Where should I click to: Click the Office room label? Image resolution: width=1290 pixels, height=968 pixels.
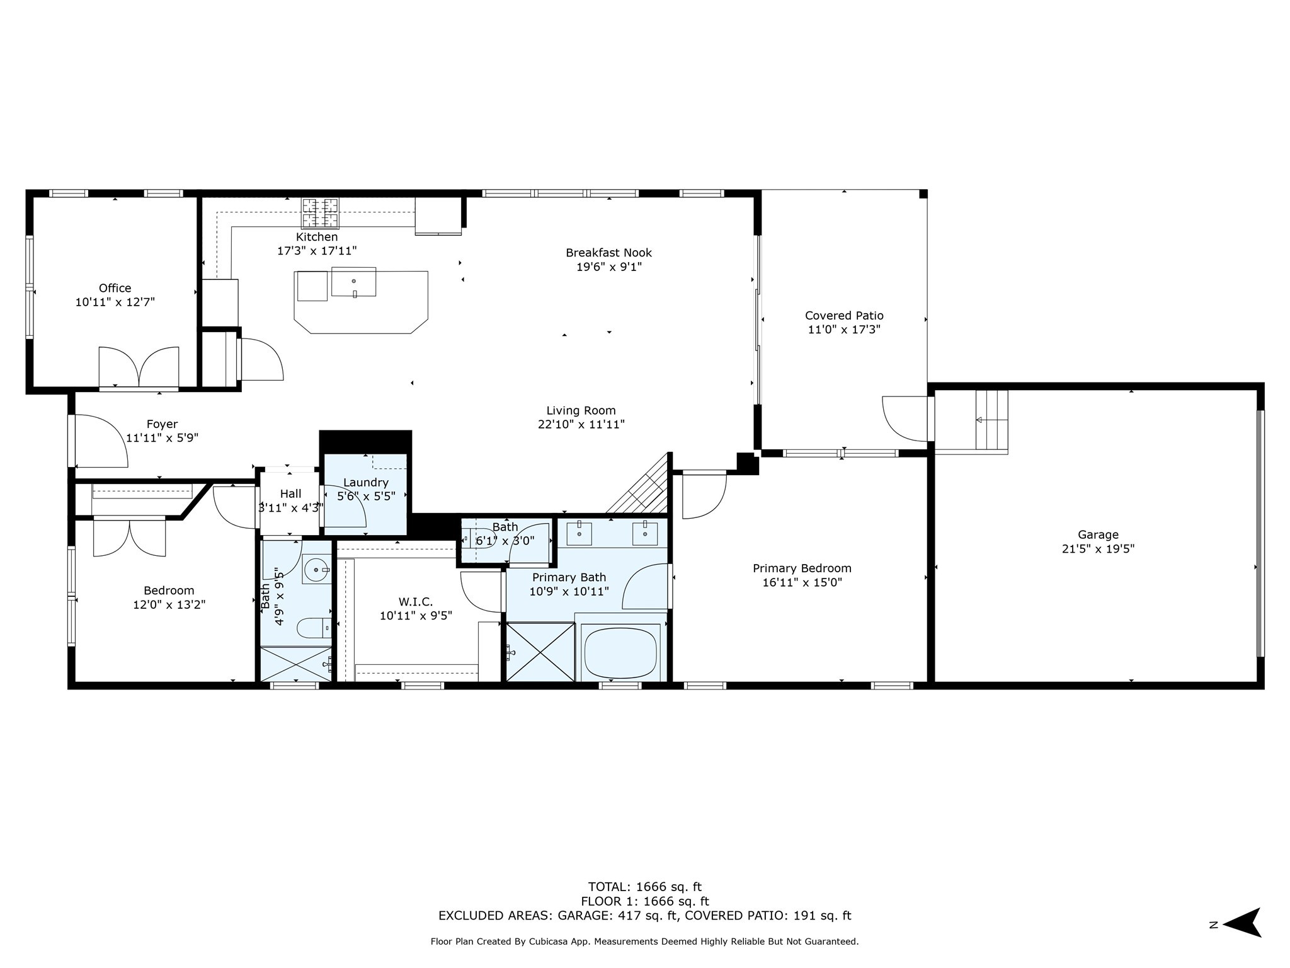(x=115, y=288)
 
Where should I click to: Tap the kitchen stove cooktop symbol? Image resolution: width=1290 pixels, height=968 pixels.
(x=320, y=213)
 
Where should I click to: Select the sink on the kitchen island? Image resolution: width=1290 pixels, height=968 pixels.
(x=353, y=282)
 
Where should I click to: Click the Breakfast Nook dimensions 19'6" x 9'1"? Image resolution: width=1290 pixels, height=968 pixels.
(x=608, y=267)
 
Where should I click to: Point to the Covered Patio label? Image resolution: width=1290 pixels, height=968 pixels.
(x=844, y=316)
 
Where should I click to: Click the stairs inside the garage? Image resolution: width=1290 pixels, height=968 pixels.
(x=991, y=419)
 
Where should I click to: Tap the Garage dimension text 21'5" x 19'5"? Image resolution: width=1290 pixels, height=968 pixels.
(x=1098, y=549)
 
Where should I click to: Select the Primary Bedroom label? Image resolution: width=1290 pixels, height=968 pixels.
(x=802, y=568)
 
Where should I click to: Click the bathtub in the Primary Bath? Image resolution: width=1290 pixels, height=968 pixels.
(x=620, y=652)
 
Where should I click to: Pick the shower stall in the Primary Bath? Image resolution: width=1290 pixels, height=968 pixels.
(x=540, y=652)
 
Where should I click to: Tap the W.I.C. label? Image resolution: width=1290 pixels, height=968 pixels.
(x=416, y=602)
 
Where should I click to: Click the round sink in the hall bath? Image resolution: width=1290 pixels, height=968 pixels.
(x=316, y=570)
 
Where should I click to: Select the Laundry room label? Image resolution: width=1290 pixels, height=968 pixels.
(x=366, y=483)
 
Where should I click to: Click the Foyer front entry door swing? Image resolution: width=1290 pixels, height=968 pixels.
(x=101, y=441)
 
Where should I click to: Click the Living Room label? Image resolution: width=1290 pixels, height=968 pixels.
(x=581, y=411)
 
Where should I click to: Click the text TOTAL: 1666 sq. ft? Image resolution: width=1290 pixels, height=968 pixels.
(x=644, y=887)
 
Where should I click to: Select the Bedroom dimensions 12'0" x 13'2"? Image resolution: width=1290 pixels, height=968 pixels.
(x=169, y=605)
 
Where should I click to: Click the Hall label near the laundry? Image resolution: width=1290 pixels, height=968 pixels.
(x=290, y=493)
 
